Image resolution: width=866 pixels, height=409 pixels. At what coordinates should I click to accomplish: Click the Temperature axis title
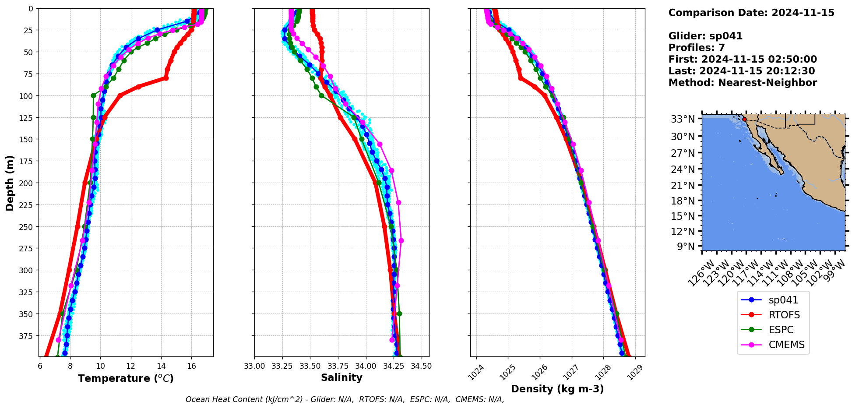coord(126,378)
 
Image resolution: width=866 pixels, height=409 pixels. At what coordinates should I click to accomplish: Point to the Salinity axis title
coord(341,377)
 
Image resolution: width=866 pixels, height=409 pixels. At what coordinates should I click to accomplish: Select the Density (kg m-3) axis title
coord(557,389)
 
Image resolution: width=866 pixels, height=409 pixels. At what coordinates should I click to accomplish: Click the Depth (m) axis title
coord(10,183)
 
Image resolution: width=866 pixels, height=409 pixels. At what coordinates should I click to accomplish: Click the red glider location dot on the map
coord(744,119)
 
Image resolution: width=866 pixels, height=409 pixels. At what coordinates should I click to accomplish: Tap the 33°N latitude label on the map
coord(683,119)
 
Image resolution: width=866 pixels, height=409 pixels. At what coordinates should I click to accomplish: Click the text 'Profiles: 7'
coord(697,48)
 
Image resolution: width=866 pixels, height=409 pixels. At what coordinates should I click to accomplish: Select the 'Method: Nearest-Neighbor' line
coord(743,83)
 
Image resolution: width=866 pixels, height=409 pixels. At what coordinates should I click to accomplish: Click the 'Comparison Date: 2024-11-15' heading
coord(751,13)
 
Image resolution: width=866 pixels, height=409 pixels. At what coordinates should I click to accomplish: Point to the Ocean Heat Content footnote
coord(345,399)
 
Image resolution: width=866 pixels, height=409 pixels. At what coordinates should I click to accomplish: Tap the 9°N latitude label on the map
coord(686,247)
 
